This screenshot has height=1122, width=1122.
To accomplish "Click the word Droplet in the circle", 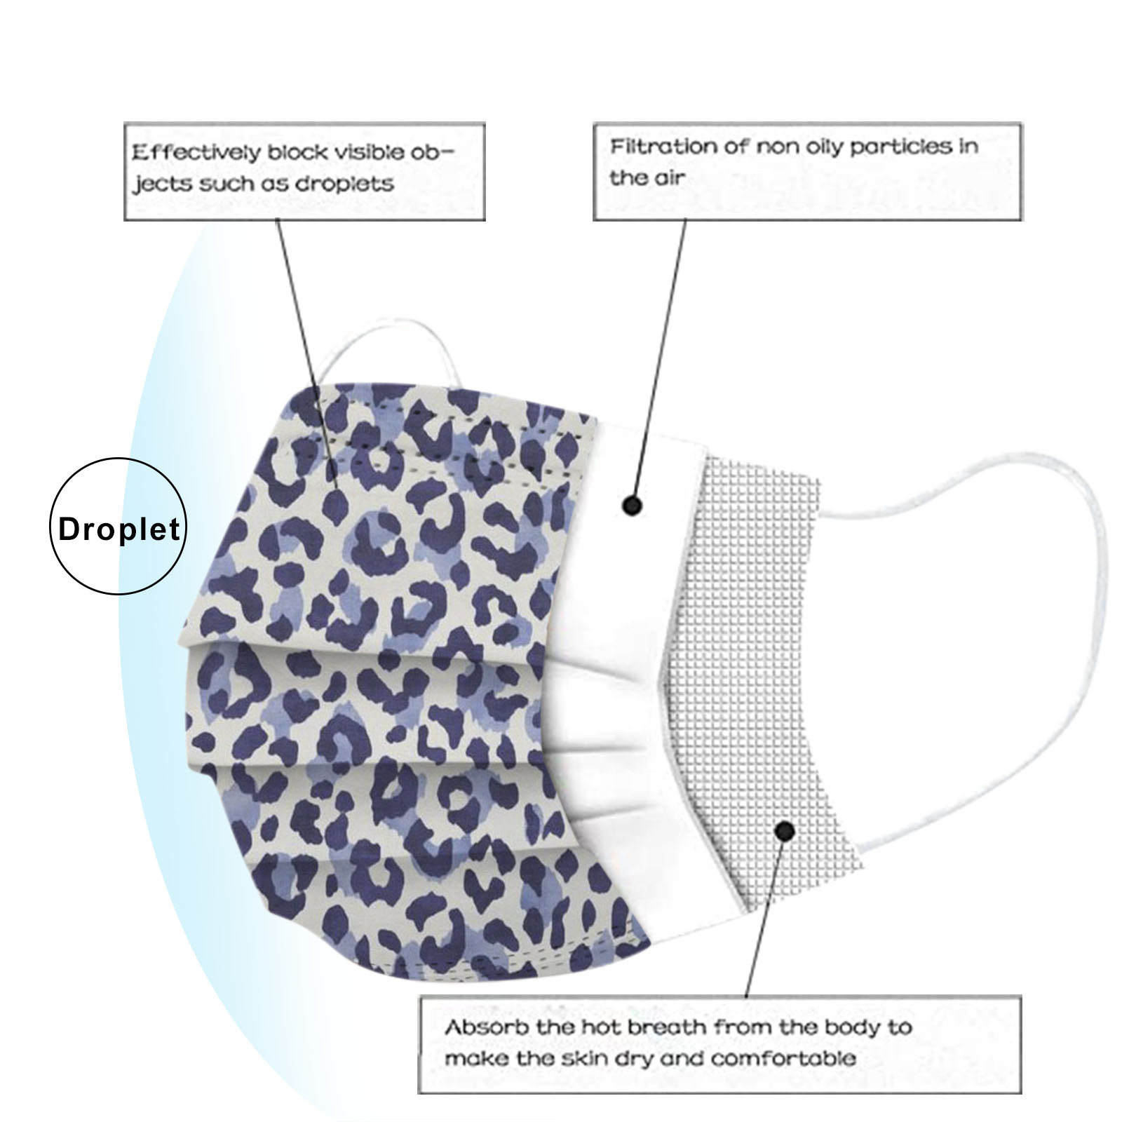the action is point(119,529).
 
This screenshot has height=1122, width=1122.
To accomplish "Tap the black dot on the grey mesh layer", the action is point(785,832).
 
